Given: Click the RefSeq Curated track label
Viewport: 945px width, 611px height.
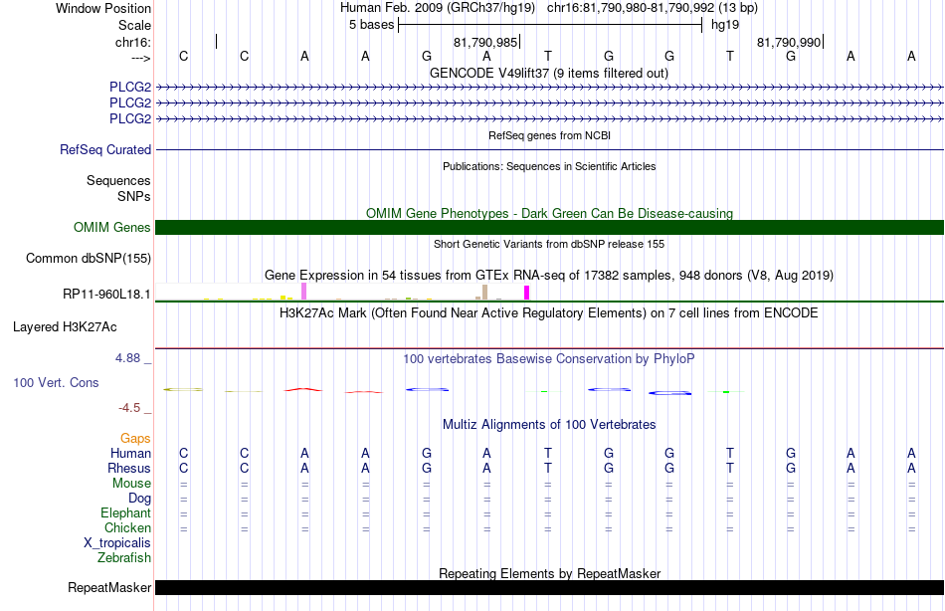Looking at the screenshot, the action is click(105, 149).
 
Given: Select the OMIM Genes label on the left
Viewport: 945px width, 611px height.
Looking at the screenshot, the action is click(112, 228).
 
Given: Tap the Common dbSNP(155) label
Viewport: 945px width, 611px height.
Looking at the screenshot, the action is click(89, 258).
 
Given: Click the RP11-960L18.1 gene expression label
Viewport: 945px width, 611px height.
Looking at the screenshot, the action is click(106, 295).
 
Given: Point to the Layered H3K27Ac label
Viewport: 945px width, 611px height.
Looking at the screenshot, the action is click(65, 327).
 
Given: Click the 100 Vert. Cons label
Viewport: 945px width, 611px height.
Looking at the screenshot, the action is click(56, 382).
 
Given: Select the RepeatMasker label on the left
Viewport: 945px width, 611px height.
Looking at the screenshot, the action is click(109, 587).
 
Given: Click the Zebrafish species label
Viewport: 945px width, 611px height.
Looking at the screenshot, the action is click(124, 557).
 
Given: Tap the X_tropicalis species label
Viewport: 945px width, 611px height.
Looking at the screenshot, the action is click(117, 543).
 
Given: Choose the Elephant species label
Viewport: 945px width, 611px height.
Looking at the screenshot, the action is click(126, 512).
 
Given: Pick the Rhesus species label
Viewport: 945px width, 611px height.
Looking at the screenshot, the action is click(129, 468).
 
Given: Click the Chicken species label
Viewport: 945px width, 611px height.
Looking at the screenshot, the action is click(127, 527).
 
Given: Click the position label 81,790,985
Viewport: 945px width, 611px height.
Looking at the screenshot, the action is click(485, 42).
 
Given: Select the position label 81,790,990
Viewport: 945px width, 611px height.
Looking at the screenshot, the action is click(789, 42).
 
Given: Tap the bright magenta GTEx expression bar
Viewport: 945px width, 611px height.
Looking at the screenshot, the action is click(527, 293).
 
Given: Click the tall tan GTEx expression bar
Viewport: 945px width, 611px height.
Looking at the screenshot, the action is click(484, 292).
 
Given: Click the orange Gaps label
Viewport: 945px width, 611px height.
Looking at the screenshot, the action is click(135, 439).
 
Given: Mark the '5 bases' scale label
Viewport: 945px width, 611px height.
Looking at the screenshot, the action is click(371, 25).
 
